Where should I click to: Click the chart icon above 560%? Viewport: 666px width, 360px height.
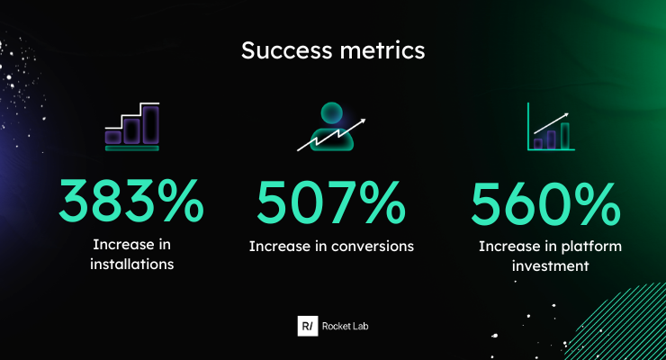coord(549,128)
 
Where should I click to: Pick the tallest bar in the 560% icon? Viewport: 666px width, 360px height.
coord(565,135)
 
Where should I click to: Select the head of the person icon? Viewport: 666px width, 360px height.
coord(332,114)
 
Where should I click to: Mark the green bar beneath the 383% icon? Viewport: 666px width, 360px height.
coord(131,148)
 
